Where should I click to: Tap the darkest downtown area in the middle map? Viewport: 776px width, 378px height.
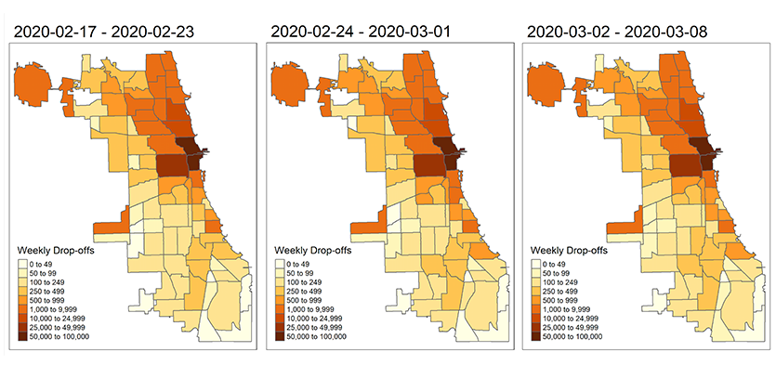(x=450, y=150)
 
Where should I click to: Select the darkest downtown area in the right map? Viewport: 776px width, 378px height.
(x=705, y=150)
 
